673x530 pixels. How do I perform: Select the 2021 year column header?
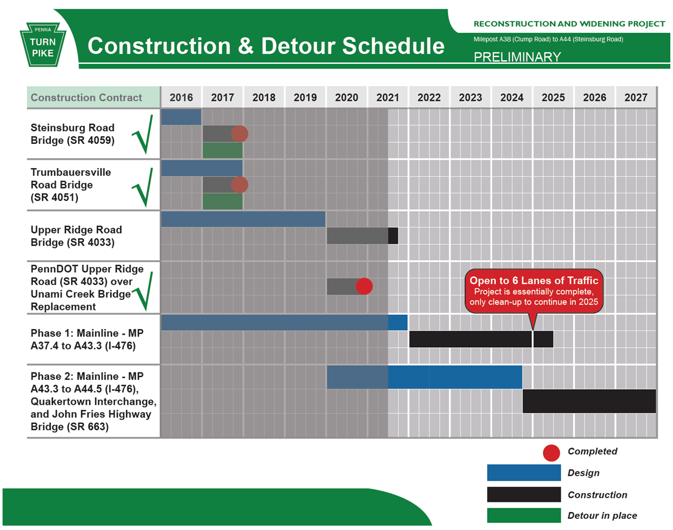point(387,97)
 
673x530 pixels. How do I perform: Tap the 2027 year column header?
point(636,97)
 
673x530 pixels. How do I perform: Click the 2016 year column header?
point(181,97)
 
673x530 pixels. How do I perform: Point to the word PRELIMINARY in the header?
point(517,57)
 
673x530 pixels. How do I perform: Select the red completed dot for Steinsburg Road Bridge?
point(239,134)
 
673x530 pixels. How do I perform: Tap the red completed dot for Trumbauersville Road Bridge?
point(239,185)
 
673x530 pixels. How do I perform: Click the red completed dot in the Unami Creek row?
point(364,286)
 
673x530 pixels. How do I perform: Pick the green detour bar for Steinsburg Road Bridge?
point(222,150)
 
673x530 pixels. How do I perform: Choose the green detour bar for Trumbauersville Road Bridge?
point(222,201)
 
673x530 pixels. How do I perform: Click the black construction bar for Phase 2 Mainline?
point(589,401)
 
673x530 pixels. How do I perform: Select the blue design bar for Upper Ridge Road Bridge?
point(243,219)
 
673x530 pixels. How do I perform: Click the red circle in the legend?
point(551,452)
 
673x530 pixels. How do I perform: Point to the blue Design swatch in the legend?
point(524,473)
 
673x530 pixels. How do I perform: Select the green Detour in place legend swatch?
point(524,515)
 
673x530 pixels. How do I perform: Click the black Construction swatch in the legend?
point(524,494)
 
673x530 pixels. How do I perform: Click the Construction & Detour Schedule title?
point(266,46)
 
